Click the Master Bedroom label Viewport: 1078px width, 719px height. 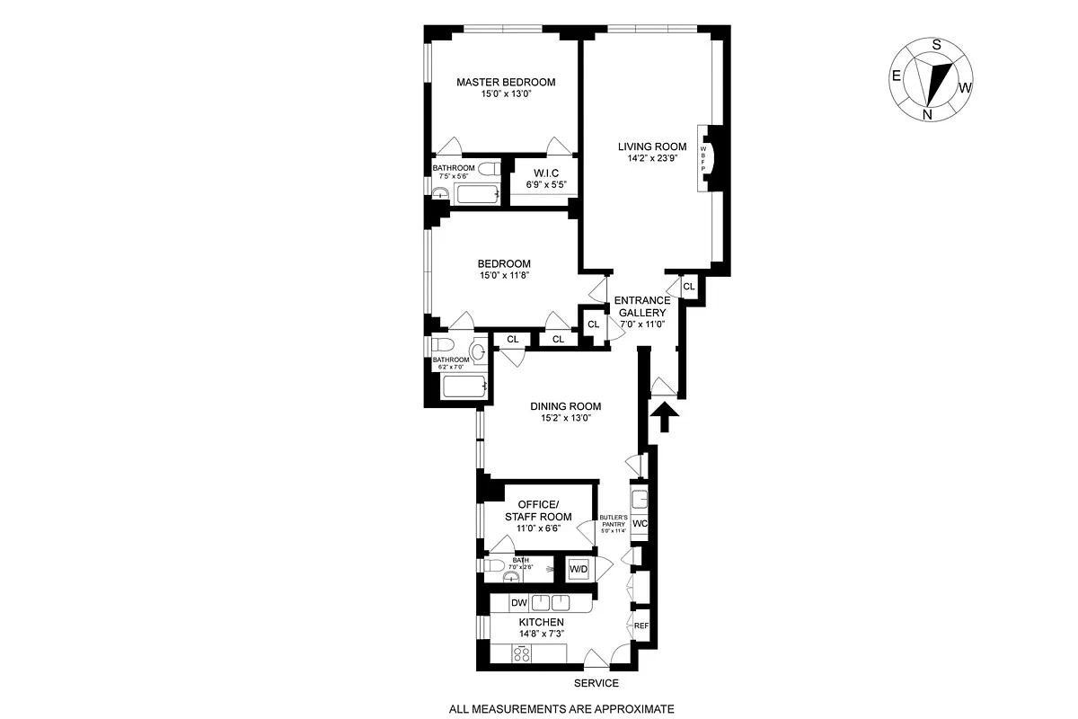pos(506,82)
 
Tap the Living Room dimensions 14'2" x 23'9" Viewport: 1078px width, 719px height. pos(651,158)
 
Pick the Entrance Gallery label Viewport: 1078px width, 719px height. pos(641,306)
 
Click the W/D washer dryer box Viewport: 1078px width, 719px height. pos(578,568)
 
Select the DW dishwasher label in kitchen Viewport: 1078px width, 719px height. pos(518,603)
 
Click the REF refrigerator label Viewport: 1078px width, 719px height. pos(641,626)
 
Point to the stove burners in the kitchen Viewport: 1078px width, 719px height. pos(523,655)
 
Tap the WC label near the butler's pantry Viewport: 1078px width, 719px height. pos(641,524)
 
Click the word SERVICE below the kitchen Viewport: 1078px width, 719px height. pos(598,683)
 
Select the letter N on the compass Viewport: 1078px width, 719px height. pos(927,114)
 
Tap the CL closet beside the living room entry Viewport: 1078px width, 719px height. pos(688,287)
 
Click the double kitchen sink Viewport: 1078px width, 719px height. pos(551,603)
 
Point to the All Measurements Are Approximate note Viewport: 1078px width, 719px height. pos(561,709)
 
